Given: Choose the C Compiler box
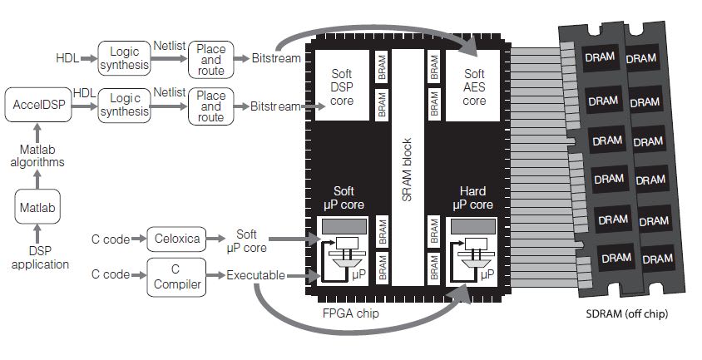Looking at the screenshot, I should point(174,275).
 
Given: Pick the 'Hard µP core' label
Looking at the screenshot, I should point(474,198).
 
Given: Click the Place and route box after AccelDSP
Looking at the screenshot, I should point(211,106).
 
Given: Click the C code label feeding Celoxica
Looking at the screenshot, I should point(110,239).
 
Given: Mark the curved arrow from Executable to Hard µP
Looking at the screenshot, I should point(358,328).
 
